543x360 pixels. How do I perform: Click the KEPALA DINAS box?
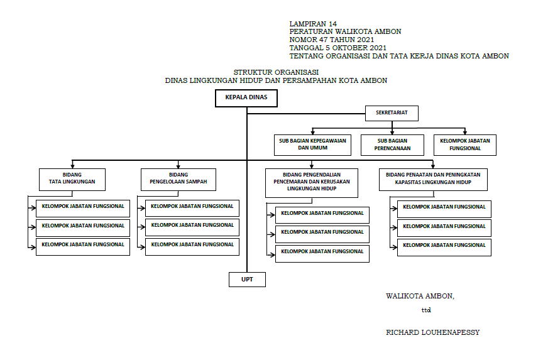pos(246,98)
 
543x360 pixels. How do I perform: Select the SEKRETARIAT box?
pos(392,113)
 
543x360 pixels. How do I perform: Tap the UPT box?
pos(247,280)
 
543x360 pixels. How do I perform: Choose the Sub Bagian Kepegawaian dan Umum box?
pos(313,145)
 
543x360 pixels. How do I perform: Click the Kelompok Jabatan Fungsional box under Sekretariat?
pos(465,145)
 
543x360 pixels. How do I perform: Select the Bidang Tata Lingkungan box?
pos(72,179)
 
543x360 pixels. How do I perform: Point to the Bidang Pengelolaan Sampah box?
pos(178,179)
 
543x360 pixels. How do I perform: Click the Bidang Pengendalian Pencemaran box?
pos(312,183)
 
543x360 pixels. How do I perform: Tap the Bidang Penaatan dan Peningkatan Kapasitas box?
pos(434,179)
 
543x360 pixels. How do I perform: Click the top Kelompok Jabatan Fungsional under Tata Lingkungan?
pos(83,206)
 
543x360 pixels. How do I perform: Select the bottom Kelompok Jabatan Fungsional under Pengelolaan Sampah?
pos(192,245)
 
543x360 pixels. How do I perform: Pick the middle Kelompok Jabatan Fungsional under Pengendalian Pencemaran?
pos(322,233)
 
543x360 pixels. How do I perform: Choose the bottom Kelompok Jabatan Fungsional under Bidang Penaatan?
pos(444,246)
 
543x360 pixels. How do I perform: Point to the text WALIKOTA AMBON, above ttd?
pos(420,296)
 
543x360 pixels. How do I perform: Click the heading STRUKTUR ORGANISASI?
pos(277,72)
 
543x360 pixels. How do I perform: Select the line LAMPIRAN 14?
pos(313,24)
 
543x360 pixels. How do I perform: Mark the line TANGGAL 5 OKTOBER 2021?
pos(338,48)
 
